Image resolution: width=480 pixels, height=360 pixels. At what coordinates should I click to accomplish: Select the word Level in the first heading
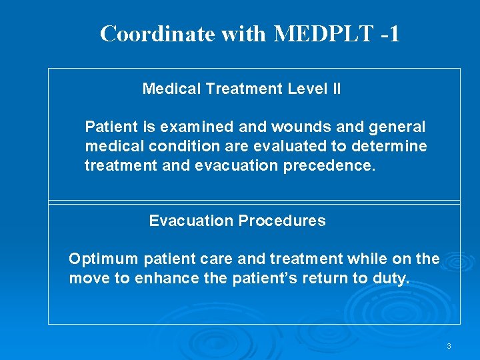point(306,89)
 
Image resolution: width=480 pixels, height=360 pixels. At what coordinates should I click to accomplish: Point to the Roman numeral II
point(336,89)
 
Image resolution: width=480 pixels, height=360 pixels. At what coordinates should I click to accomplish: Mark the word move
point(90,278)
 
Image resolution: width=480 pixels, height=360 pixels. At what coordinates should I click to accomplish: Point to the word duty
point(390,278)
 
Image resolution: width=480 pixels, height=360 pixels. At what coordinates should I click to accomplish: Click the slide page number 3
point(449,346)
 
